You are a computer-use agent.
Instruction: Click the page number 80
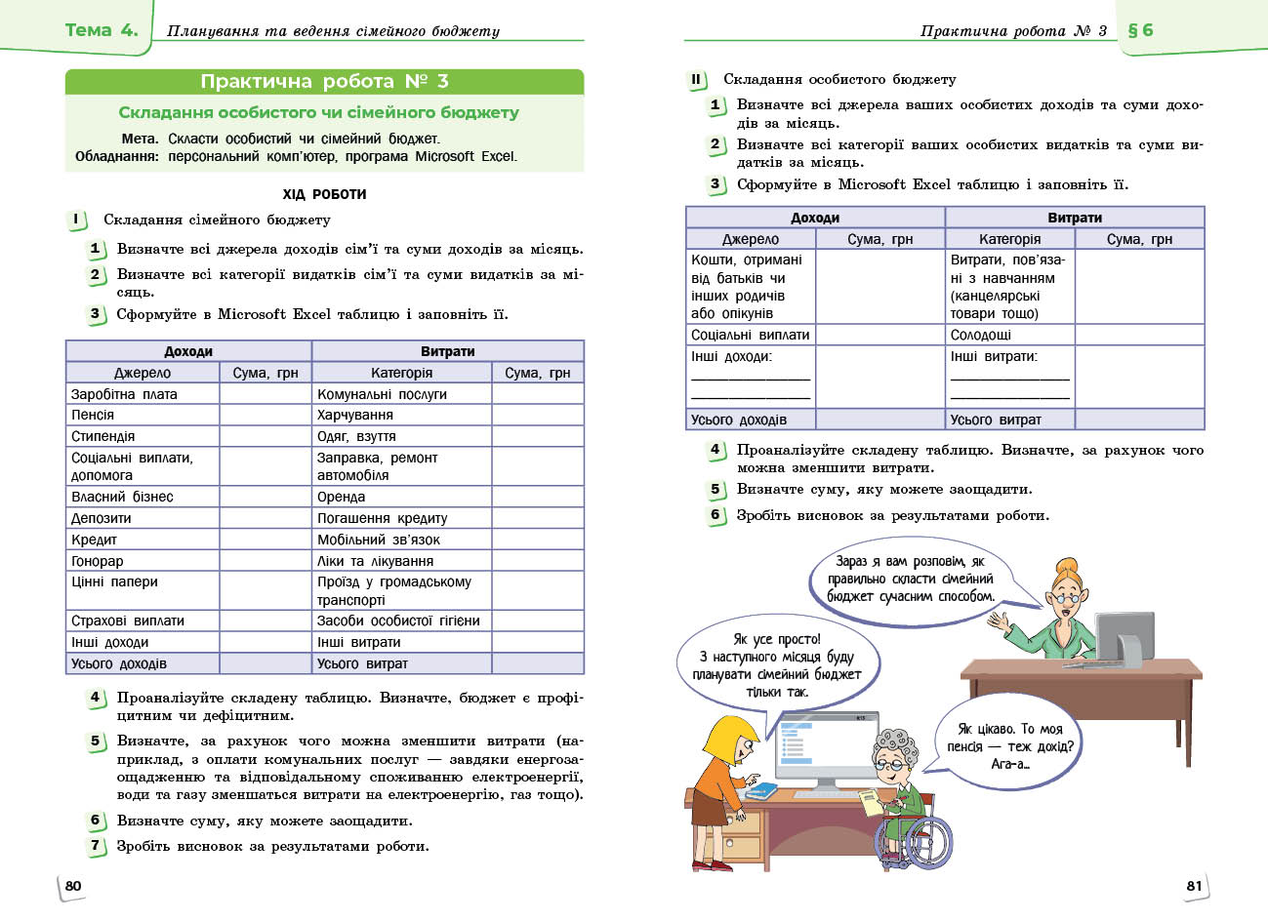[73, 886]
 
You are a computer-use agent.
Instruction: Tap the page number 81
[1194, 886]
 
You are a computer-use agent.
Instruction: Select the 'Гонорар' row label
[98, 561]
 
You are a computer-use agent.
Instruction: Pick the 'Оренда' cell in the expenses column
[342, 497]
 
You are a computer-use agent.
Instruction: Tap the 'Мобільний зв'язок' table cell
[379, 540]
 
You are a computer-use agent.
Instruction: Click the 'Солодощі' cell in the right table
[981, 335]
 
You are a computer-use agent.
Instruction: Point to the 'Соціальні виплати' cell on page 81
[751, 335]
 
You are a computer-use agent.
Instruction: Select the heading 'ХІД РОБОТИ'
[324, 194]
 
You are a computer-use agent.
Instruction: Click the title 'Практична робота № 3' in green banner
[324, 82]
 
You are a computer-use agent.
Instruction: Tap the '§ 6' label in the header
[1140, 30]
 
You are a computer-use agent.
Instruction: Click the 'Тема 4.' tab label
[102, 30]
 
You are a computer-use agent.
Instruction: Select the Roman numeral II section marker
[696, 80]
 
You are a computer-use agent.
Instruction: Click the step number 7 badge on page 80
[96, 845]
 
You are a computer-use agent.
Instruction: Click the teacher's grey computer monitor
[1124, 633]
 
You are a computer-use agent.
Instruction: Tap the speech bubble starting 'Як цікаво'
[1010, 746]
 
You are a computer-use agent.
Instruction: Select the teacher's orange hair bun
[1065, 566]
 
